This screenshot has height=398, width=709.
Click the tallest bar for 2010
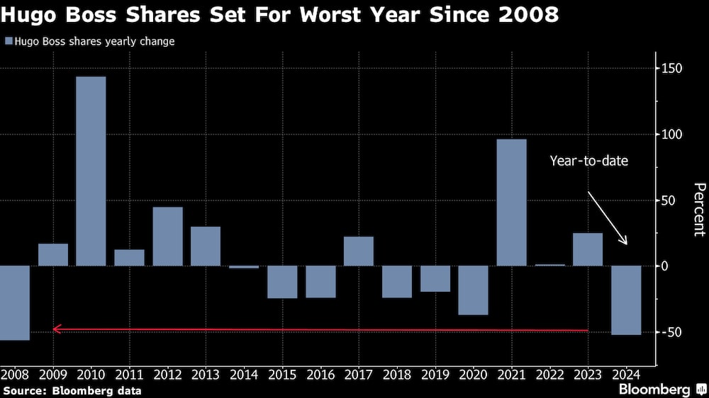(91, 171)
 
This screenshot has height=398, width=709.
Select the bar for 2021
(511, 202)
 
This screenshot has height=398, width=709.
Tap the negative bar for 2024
(626, 300)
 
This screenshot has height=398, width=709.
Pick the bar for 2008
(14, 302)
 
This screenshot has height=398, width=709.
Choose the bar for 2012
(167, 236)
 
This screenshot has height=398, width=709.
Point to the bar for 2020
(473, 290)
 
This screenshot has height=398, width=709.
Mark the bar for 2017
(359, 251)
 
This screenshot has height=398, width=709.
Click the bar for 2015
(282, 282)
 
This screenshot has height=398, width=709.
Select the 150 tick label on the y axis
(672, 69)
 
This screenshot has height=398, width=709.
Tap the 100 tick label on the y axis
(672, 135)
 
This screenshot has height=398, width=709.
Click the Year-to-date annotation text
(588, 161)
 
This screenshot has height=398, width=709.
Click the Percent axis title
(699, 210)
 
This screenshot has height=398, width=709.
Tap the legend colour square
(8, 42)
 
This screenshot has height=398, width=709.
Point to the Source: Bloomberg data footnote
(72, 390)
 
